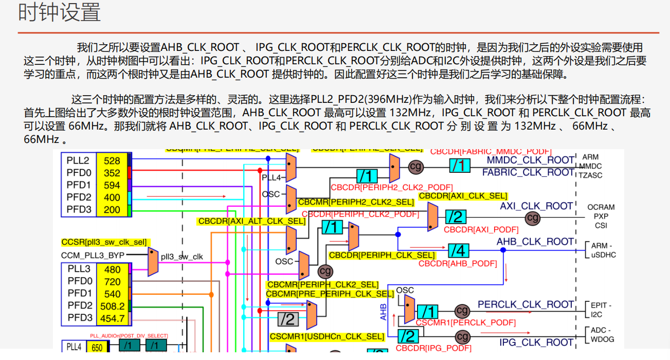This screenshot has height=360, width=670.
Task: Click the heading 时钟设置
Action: click(60, 13)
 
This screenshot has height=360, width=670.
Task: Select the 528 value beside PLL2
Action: click(112, 160)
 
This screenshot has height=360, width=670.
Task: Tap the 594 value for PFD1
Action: click(112, 185)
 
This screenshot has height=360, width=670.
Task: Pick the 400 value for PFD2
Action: click(112, 197)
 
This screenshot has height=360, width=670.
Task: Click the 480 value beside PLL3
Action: click(112, 269)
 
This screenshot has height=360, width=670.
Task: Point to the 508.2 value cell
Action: click(112, 306)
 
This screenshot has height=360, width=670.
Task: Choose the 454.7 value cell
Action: click(112, 318)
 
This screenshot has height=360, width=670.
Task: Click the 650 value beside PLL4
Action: click(97, 347)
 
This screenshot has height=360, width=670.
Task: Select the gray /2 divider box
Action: click(288, 319)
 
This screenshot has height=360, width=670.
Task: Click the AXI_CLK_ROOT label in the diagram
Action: click(536, 206)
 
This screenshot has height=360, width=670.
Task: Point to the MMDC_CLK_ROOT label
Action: click(530, 160)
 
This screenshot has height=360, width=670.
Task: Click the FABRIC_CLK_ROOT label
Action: click(528, 172)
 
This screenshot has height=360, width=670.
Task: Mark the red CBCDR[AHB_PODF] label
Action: click(458, 264)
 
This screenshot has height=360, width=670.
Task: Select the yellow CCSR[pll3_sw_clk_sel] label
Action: click(104, 242)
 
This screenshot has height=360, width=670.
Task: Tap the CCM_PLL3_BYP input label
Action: click(93, 255)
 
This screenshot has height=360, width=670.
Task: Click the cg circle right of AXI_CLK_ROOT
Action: click(533, 218)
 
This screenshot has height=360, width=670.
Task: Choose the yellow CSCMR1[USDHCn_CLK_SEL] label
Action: click(327, 337)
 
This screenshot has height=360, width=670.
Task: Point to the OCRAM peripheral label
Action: click(601, 207)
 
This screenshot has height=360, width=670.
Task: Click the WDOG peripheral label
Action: click(602, 339)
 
